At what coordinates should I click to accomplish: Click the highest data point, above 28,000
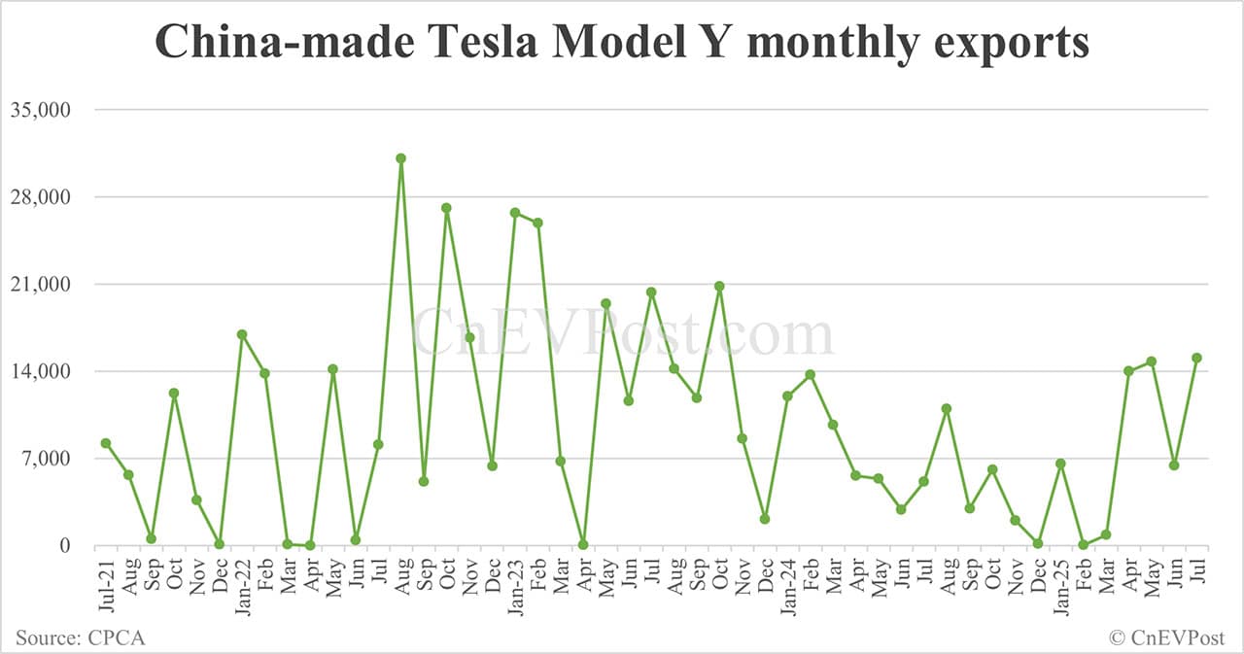click(400, 158)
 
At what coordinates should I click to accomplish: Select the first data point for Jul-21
click(106, 443)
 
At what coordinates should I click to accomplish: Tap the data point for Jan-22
click(242, 334)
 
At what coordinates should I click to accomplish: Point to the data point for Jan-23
click(515, 213)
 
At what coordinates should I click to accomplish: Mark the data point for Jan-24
click(787, 396)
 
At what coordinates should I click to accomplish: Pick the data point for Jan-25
click(1060, 464)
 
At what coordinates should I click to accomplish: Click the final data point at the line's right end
click(1196, 358)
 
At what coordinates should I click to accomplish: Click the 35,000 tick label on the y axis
click(42, 110)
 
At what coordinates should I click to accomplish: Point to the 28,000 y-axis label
click(42, 197)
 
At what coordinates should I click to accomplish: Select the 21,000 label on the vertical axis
click(42, 285)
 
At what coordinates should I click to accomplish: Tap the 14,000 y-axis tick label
click(42, 371)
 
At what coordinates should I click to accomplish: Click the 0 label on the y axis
click(64, 546)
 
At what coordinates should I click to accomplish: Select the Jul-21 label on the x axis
click(106, 583)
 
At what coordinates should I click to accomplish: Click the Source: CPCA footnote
click(81, 637)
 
